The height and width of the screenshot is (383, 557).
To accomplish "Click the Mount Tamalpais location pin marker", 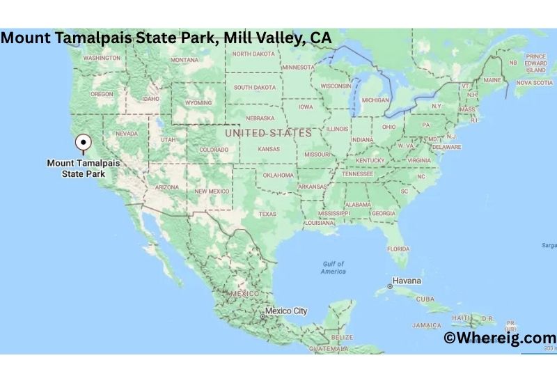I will [84, 142].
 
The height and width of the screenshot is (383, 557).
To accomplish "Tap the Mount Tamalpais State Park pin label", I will [83, 168].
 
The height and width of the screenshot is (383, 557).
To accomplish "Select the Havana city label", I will [407, 281].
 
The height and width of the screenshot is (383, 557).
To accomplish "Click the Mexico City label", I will [286, 311].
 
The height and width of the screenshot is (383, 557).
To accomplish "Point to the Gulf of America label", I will [334, 267].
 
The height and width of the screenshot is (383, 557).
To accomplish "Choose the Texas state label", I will [267, 214].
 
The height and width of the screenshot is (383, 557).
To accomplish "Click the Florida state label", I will [398, 248].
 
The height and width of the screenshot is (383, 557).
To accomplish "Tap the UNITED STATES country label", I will [268, 132].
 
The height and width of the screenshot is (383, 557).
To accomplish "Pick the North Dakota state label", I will [254, 54].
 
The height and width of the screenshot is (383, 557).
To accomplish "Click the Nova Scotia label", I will [533, 82].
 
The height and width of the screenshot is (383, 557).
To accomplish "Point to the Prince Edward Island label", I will [535, 63].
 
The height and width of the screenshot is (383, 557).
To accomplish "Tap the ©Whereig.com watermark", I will [499, 338].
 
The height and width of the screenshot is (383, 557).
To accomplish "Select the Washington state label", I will [102, 58].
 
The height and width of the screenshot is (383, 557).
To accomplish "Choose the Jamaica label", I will [426, 325].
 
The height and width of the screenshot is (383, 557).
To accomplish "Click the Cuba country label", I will [425, 299].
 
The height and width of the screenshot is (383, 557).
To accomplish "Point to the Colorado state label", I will [213, 150].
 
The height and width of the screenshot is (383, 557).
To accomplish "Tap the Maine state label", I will [492, 80].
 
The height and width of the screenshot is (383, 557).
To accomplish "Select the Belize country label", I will [343, 337].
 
